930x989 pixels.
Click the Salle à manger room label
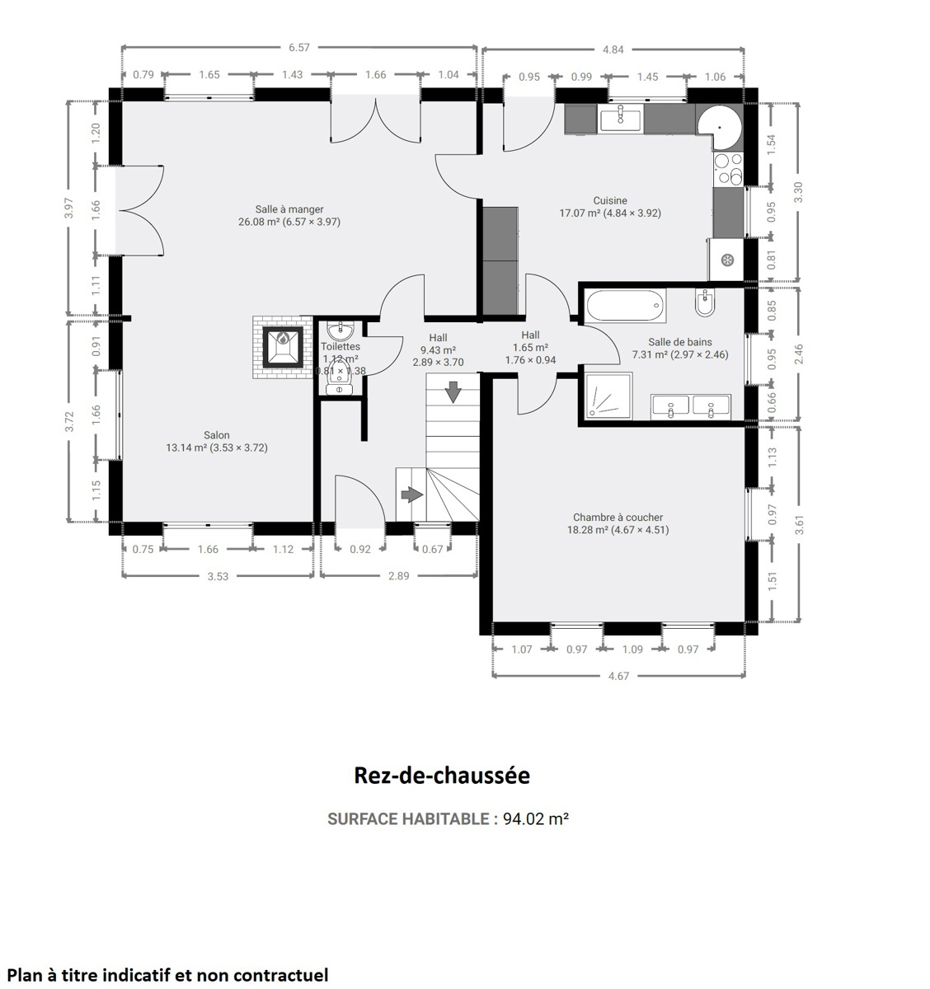pyautogui.click(x=289, y=209)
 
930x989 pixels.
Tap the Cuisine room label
pyautogui.click(x=610, y=200)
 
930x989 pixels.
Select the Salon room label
pyautogui.click(x=216, y=434)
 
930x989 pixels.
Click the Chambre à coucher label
pyautogui.click(x=618, y=518)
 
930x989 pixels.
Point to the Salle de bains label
pyautogui.click(x=680, y=342)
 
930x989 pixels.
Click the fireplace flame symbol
pyautogui.click(x=283, y=339)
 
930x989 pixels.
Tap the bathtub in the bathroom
pyautogui.click(x=626, y=305)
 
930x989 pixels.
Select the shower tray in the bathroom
pyautogui.click(x=608, y=396)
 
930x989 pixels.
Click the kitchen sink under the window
pyautogui.click(x=621, y=120)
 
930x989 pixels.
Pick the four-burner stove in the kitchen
pyautogui.click(x=728, y=169)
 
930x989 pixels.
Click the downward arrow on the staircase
pyautogui.click(x=453, y=391)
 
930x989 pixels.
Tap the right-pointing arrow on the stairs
pyautogui.click(x=412, y=495)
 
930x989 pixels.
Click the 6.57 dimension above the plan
pyautogui.click(x=299, y=47)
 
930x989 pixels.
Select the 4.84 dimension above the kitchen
pyautogui.click(x=613, y=49)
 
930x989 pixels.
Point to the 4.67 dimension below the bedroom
pyautogui.click(x=618, y=676)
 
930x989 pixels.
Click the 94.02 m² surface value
pyautogui.click(x=536, y=818)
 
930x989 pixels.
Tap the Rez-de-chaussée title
pyautogui.click(x=442, y=776)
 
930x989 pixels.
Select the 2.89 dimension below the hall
pyautogui.click(x=399, y=575)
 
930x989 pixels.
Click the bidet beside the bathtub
pyautogui.click(x=705, y=303)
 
